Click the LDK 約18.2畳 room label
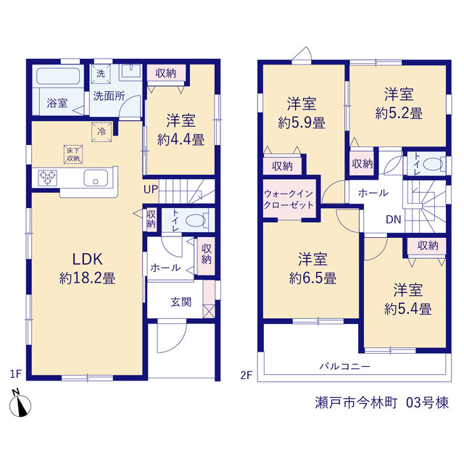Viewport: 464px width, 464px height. pos(87,268)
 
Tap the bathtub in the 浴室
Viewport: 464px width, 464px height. pos(58,76)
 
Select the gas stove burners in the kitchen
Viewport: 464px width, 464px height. pos(48,178)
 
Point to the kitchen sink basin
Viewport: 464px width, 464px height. pos(96,178)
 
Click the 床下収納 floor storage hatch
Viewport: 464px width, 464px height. pos(73,154)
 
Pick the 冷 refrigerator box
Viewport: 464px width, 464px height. pos(101,132)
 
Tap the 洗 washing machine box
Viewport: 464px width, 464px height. pos(101,74)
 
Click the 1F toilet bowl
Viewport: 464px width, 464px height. pos(195,220)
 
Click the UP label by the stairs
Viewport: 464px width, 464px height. pos(151,189)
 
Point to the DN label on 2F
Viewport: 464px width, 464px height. pos(393,220)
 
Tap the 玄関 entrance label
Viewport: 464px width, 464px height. pos(181,302)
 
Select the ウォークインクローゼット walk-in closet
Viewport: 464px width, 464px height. pos(289,199)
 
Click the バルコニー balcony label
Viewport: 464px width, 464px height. pos(345,366)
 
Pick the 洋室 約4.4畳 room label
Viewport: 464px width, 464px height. pos(181,130)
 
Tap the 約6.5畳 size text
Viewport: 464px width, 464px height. pos(312,278)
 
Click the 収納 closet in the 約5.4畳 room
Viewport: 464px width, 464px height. pos(427,246)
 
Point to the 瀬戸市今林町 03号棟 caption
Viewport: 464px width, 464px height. pos(382,403)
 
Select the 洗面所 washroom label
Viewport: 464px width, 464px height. pos(109,96)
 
